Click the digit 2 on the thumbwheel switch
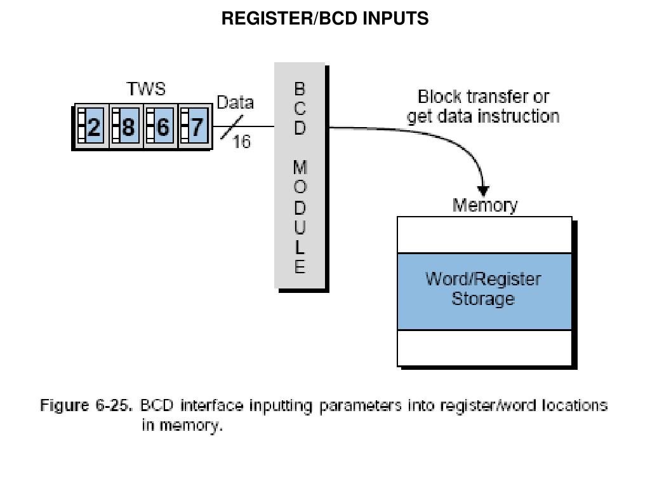[x=93, y=128]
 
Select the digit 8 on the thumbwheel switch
[x=128, y=128]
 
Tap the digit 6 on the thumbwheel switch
[x=162, y=128]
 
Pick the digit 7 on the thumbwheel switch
[x=197, y=128]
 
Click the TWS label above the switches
[x=146, y=90]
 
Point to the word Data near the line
[x=235, y=103]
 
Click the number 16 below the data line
[x=241, y=142]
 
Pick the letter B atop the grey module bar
[x=300, y=87]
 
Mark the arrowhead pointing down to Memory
[x=484, y=190]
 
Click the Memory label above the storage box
[x=484, y=206]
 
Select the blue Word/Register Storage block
[x=484, y=291]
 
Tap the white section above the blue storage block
[x=484, y=236]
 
